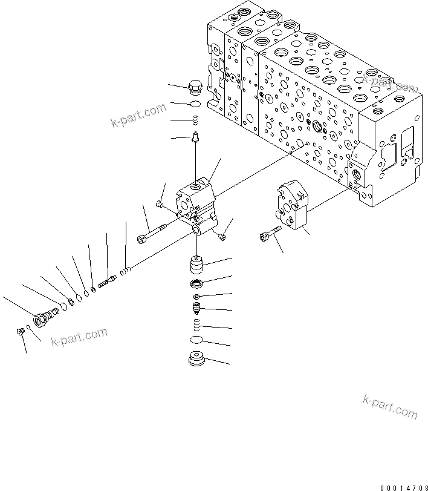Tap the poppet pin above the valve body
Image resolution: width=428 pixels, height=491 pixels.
195,139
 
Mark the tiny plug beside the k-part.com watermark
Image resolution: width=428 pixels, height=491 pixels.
19,331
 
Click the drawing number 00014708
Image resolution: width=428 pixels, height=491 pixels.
403,487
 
